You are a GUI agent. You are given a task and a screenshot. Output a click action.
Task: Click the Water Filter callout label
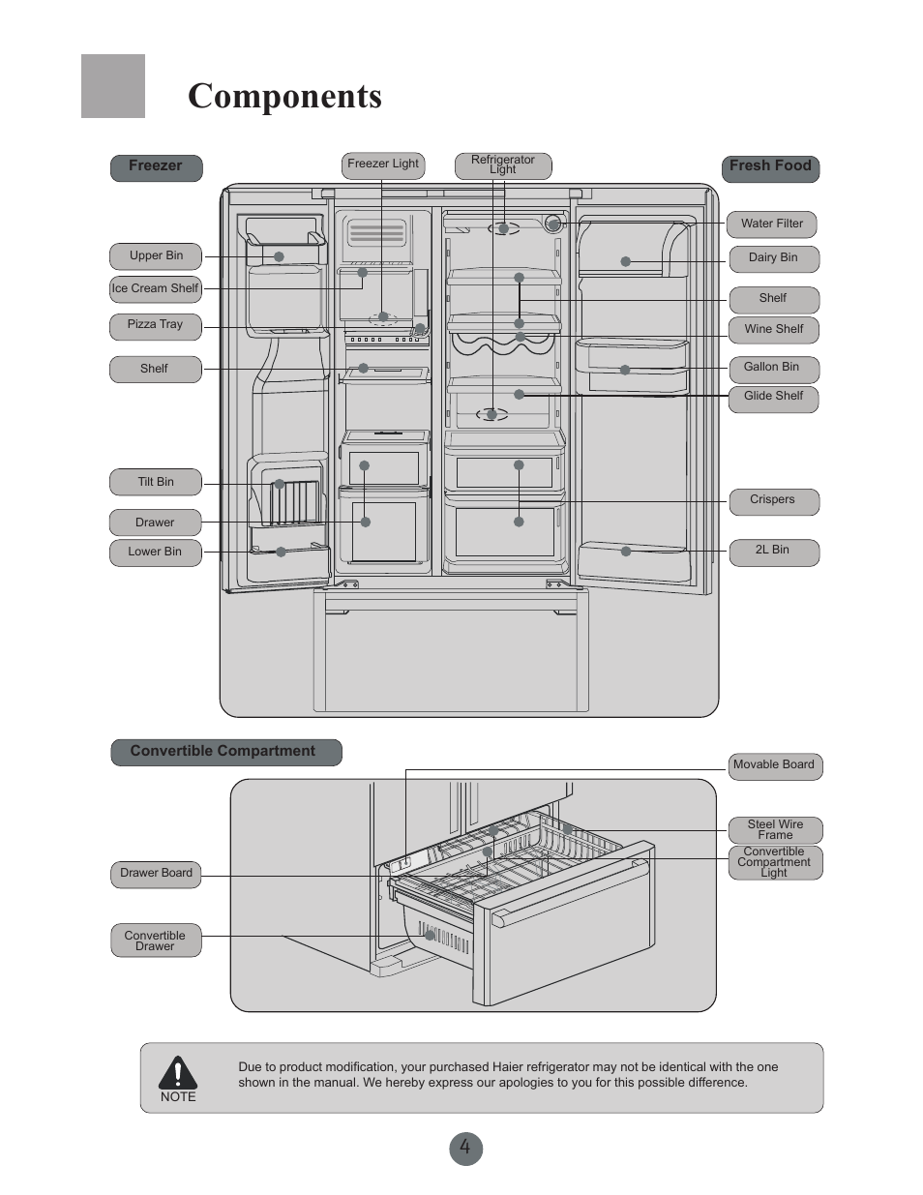[772, 224]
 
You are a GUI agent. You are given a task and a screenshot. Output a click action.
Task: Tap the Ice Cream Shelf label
[155, 288]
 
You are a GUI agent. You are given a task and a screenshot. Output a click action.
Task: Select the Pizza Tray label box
[155, 325]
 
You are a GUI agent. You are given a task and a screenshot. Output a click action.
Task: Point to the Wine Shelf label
[773, 330]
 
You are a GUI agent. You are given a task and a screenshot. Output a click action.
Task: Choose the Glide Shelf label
[773, 397]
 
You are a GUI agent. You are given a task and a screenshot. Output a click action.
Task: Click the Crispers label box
[772, 500]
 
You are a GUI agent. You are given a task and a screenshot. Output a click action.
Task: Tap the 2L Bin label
[772, 551]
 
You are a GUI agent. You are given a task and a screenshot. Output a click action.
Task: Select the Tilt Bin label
[155, 482]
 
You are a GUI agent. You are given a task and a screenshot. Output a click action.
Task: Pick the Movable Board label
[773, 765]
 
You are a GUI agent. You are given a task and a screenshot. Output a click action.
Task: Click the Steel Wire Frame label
[775, 830]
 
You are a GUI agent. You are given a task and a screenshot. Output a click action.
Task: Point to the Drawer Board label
[156, 874]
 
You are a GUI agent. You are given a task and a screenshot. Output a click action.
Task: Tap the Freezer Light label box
[383, 164]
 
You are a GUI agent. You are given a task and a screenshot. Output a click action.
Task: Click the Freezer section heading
[155, 166]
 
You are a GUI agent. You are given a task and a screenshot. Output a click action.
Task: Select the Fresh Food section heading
[770, 166]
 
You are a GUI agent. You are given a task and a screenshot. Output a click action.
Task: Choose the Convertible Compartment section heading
[223, 752]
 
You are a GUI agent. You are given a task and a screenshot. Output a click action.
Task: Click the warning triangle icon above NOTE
[178, 1073]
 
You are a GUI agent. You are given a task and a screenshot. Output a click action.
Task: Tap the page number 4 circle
[465, 1149]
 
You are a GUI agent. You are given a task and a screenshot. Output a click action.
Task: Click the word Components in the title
[284, 97]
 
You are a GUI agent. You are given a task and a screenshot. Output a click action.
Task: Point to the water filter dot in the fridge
[552, 224]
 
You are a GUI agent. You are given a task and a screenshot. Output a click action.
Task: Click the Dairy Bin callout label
[773, 258]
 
